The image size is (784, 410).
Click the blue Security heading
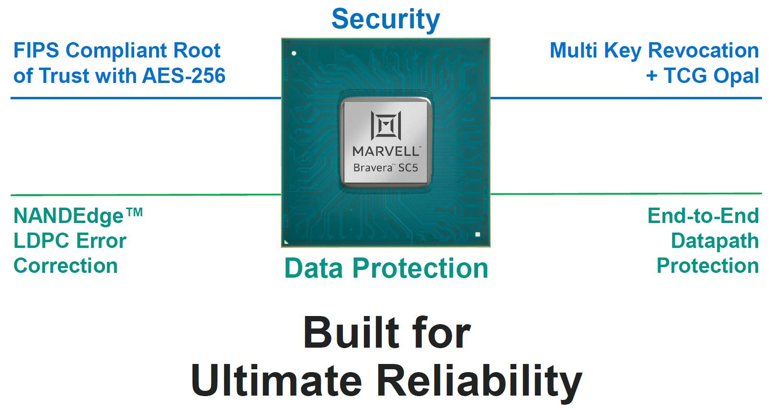pyautogui.click(x=386, y=19)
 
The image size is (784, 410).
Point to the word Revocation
pyautogui.click(x=703, y=50)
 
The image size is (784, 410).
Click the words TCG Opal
pyautogui.click(x=711, y=76)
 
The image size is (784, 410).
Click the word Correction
pyautogui.click(x=66, y=266)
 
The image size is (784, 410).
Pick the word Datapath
pyautogui.click(x=715, y=241)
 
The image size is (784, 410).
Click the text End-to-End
pyautogui.click(x=703, y=216)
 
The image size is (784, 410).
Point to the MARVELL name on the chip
pyautogui.click(x=386, y=152)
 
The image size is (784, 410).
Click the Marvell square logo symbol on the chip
pyautogui.click(x=386, y=126)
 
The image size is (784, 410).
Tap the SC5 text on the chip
pyautogui.click(x=408, y=168)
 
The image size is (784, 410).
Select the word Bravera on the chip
pyautogui.click(x=373, y=168)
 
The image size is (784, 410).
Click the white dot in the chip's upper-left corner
pyautogui.click(x=294, y=53)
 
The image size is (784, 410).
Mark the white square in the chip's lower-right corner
pyautogui.click(x=477, y=234)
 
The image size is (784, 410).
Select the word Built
pyautogui.click(x=351, y=333)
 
